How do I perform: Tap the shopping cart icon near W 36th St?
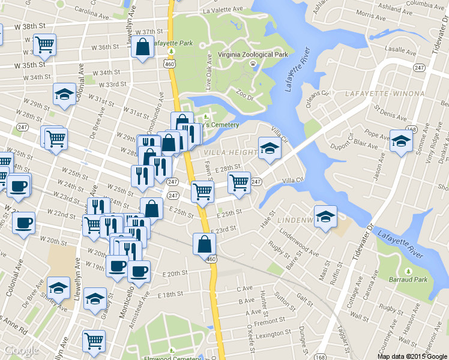point(44,44)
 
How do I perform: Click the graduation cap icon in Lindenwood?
point(325,215)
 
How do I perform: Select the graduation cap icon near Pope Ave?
point(401,141)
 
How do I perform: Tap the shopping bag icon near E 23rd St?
point(204,244)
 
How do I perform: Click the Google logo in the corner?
point(21,350)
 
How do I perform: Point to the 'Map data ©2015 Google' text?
point(412,356)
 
